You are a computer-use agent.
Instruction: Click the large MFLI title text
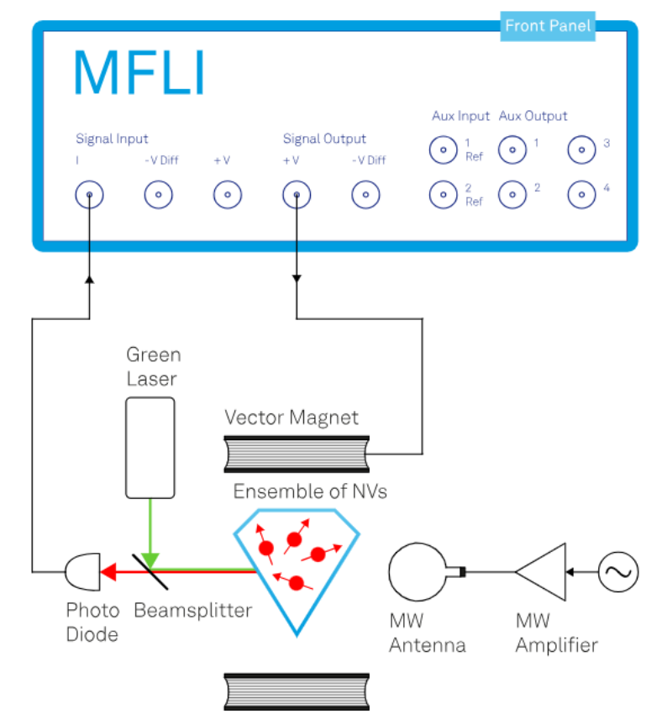139,73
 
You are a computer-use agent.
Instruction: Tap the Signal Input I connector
89,196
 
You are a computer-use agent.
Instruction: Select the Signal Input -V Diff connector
158,196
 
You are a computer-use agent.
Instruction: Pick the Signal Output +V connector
296,196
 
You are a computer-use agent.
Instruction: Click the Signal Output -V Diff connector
365,196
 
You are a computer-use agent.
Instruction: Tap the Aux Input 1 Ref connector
443,151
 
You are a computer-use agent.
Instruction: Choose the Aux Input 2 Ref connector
443,195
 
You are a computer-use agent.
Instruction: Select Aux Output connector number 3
580,151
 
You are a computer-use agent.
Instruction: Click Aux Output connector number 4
580,195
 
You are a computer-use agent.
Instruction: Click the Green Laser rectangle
150,448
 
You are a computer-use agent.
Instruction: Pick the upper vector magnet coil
297,454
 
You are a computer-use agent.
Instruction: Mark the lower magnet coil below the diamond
297,690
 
